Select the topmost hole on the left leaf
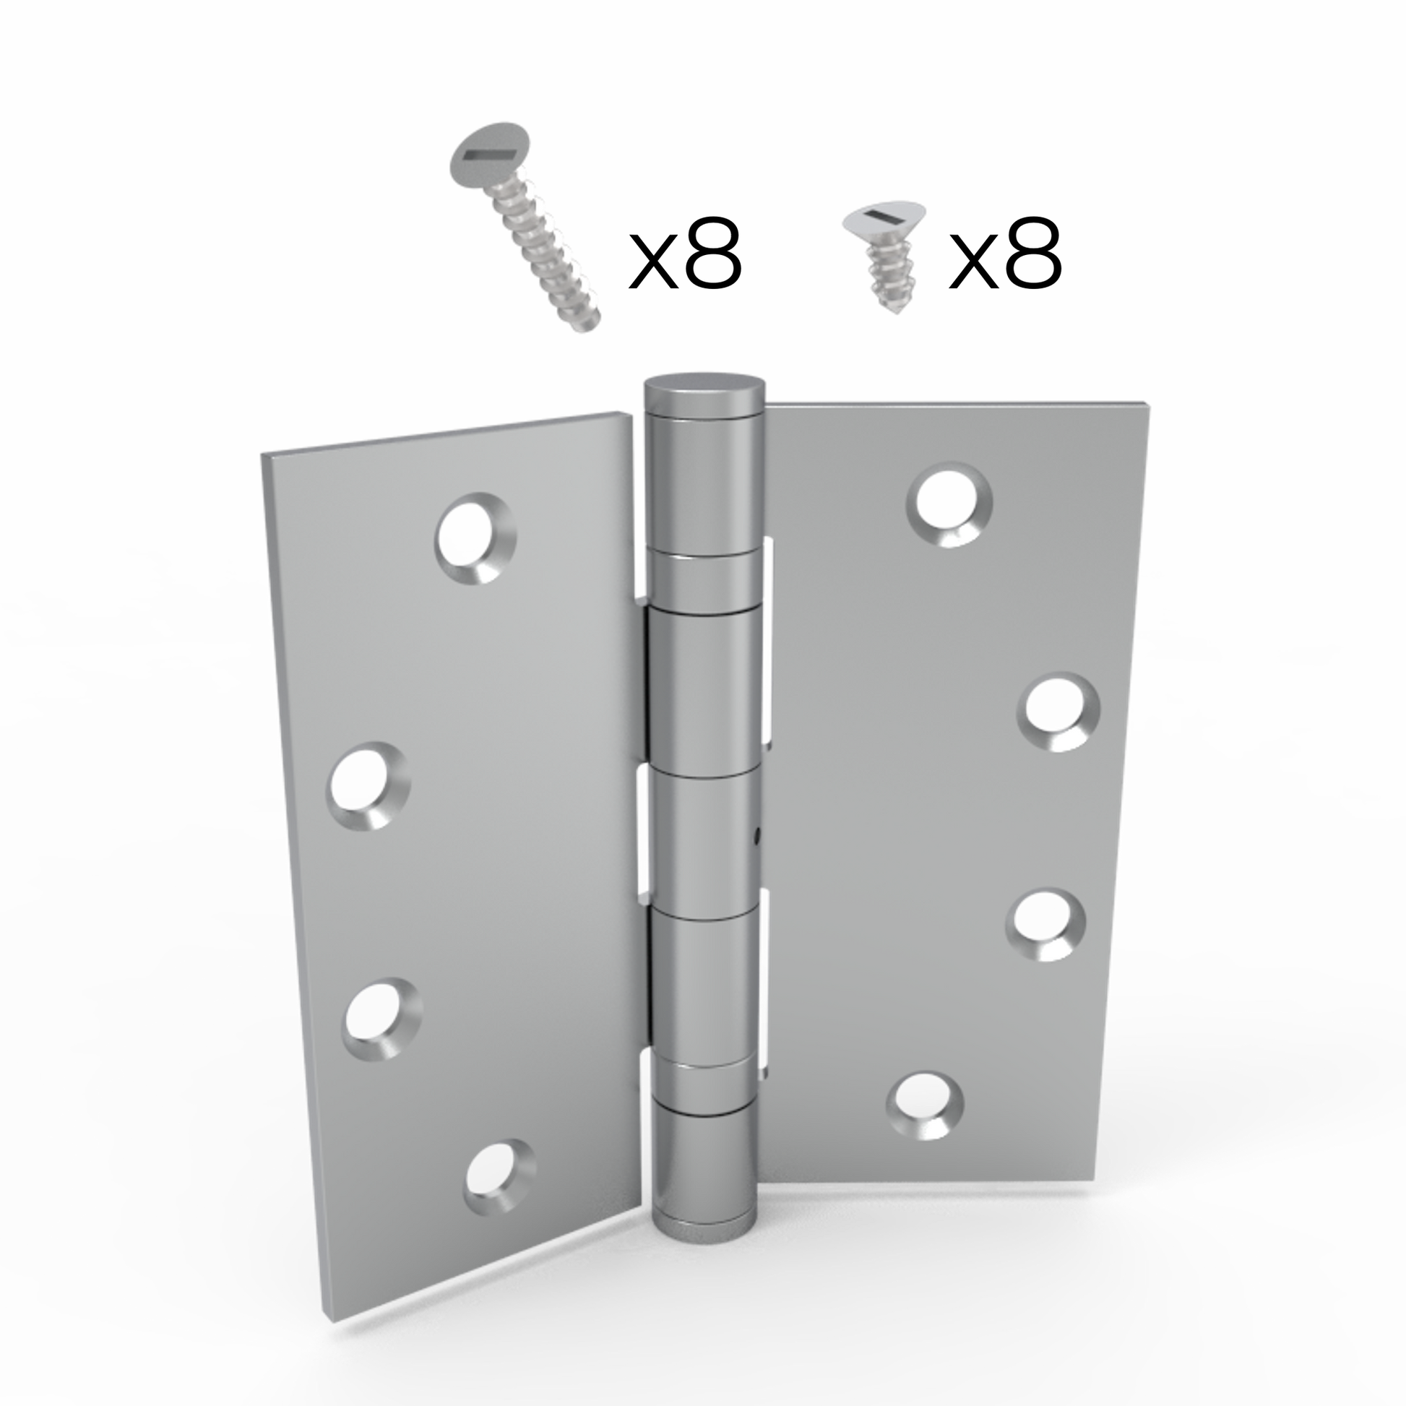pyautogui.click(x=476, y=538)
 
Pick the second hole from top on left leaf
pyautogui.click(x=368, y=786)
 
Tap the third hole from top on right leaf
pyautogui.click(x=1045, y=924)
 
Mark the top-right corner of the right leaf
pyautogui.click(x=1149, y=402)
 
